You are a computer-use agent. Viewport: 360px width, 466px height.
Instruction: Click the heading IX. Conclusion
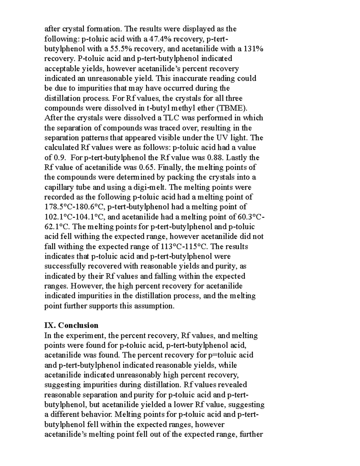pyautogui.click(x=71, y=326)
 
